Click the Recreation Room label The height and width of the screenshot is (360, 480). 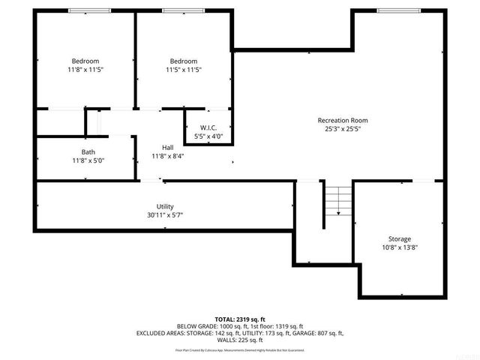point(342,120)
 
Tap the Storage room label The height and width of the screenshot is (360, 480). point(399,238)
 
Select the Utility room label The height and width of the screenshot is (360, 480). point(165,206)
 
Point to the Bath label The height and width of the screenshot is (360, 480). point(88,151)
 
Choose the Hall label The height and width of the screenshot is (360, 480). point(168,147)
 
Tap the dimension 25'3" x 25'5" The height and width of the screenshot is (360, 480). point(342,128)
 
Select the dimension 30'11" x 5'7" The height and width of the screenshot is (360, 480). point(165,214)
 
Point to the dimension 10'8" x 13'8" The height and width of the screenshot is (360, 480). point(399,247)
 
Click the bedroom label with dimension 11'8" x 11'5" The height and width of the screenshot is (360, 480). point(85,61)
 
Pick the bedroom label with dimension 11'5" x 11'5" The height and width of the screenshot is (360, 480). point(184,61)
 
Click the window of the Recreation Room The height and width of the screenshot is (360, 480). point(398,10)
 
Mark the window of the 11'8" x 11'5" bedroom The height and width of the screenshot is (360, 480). point(85,10)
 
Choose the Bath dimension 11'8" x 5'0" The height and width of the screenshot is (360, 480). point(88,160)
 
